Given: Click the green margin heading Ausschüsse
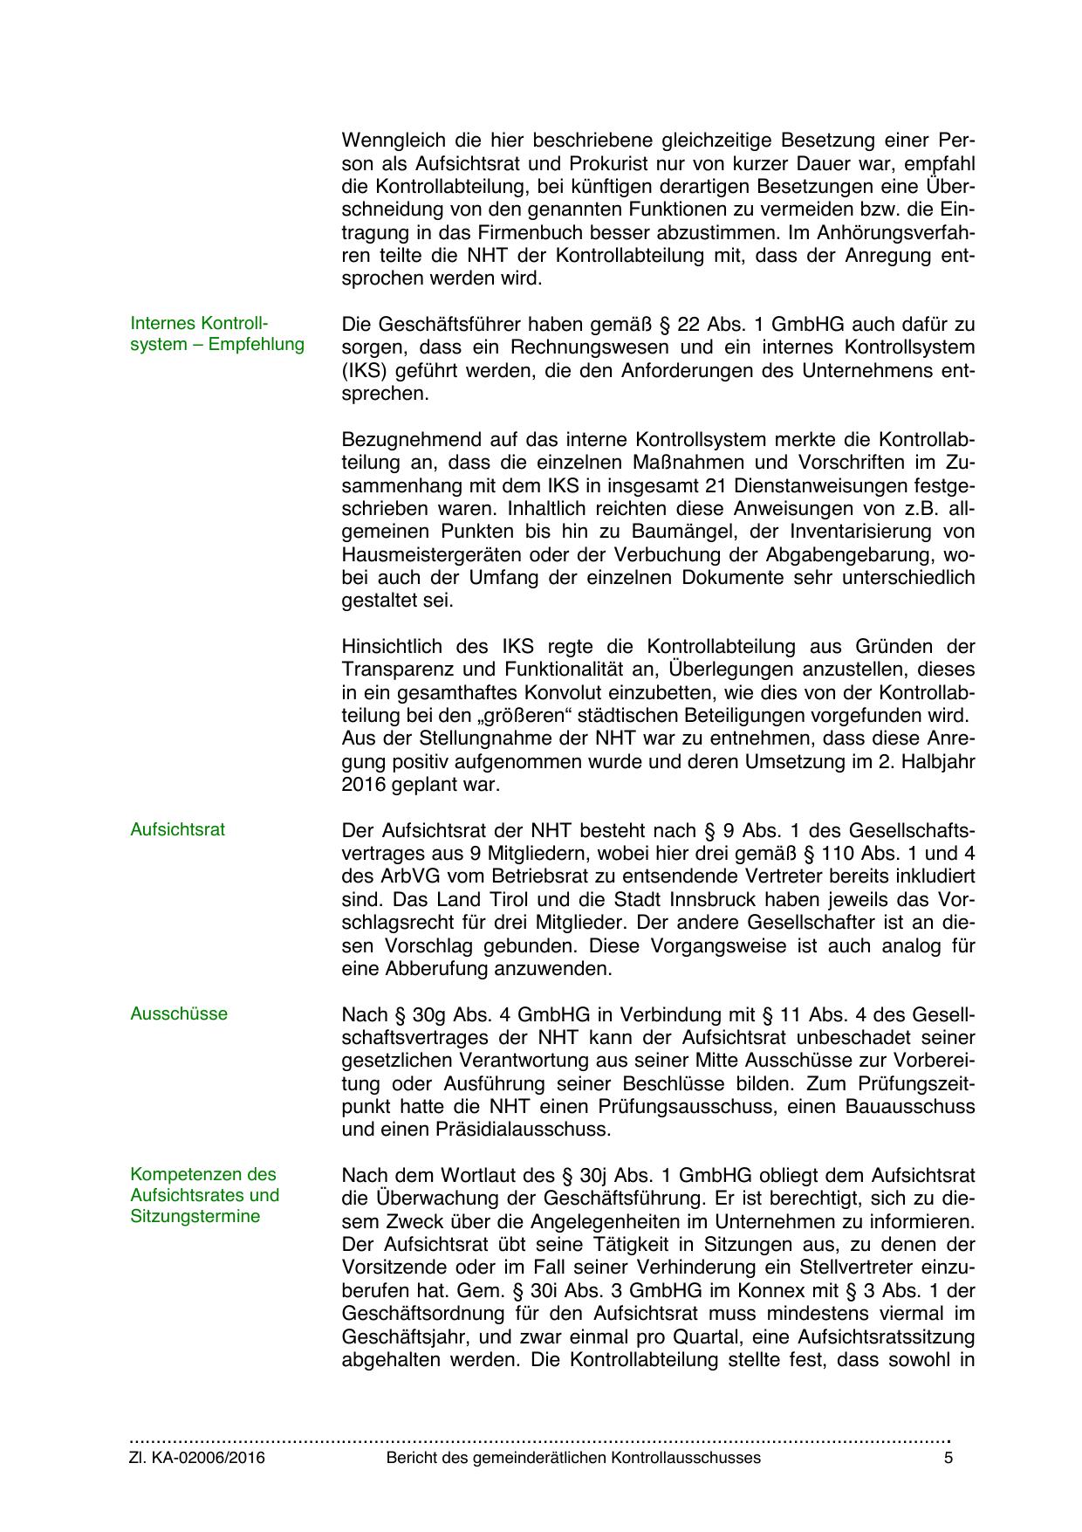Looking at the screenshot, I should (179, 1013).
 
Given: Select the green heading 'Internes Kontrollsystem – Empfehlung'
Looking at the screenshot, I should (217, 333).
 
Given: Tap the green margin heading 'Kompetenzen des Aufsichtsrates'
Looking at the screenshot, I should (204, 1195).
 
